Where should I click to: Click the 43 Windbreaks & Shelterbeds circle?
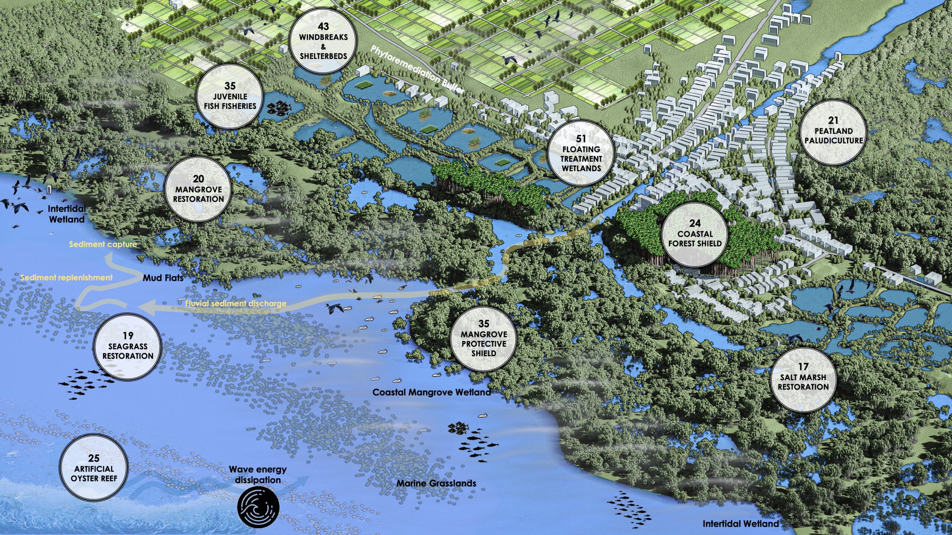(323, 41)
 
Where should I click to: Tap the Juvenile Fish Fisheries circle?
(230, 96)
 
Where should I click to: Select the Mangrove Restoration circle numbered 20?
(198, 189)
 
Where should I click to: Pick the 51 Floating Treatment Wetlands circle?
(581, 153)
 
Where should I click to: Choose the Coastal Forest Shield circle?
(695, 234)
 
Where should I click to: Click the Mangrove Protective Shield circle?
(483, 338)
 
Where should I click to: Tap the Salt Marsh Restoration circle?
(803, 377)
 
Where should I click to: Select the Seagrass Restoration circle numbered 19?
(128, 346)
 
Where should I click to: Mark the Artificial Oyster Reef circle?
(94, 468)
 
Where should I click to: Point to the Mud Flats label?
(163, 278)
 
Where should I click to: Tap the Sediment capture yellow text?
(103, 244)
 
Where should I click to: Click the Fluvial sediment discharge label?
(236, 304)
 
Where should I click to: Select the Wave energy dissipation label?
(258, 474)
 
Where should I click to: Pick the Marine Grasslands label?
(436, 483)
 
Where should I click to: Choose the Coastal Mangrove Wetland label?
(431, 392)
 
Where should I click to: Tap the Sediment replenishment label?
(66, 278)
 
